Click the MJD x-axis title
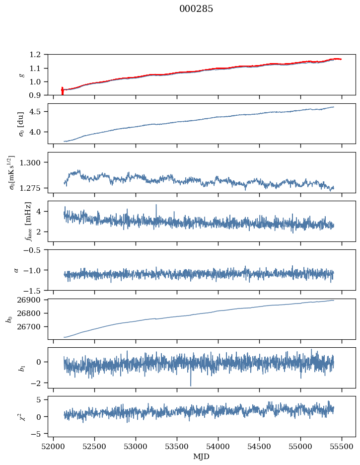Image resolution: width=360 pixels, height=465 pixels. coord(202,457)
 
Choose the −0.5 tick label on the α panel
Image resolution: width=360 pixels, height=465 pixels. coord(34,250)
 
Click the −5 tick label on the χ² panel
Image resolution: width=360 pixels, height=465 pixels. coord(39,434)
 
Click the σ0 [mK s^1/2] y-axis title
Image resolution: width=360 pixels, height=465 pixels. coord(14,172)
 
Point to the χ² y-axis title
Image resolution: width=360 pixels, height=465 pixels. coord(14,416)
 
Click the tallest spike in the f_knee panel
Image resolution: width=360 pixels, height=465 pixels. coord(156,205)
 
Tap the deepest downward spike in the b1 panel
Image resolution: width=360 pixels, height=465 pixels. coord(190,385)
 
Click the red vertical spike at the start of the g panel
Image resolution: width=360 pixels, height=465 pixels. coord(62,91)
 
